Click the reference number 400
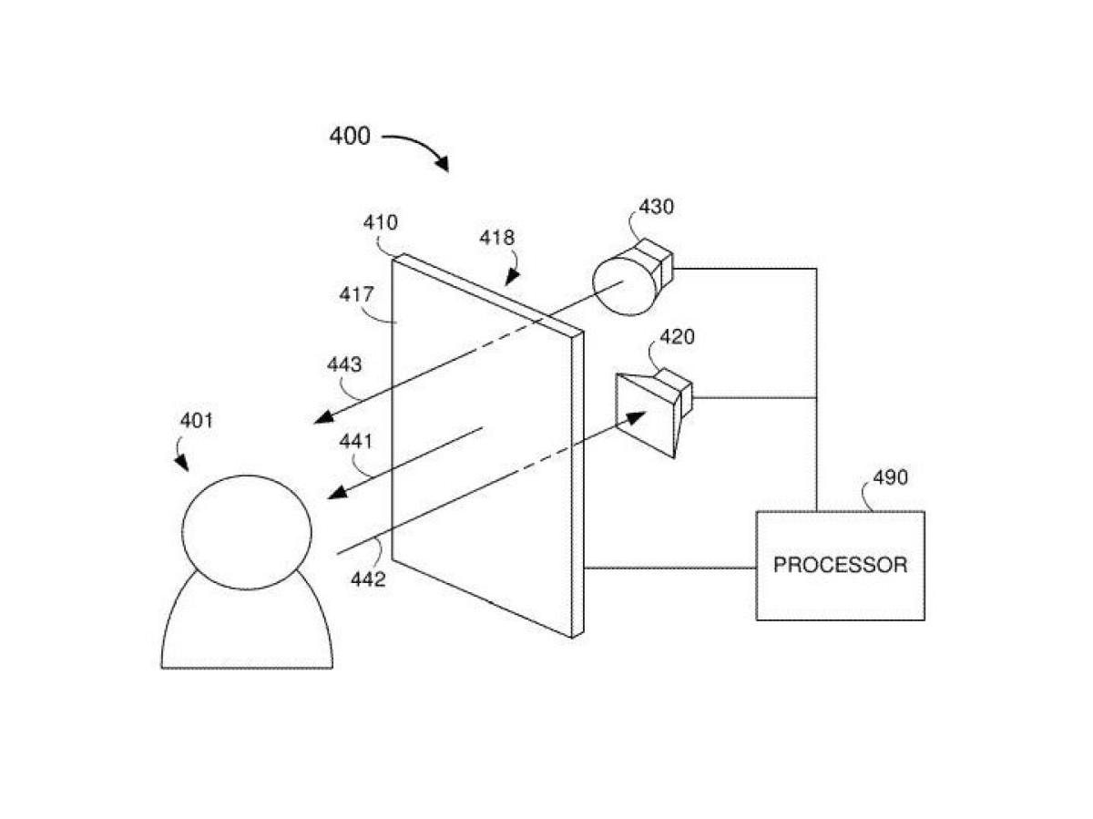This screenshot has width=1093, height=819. [350, 137]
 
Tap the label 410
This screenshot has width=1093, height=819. [380, 223]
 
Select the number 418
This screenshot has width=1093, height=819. [497, 238]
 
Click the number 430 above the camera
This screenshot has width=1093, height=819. [656, 207]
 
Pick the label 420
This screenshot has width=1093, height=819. [677, 337]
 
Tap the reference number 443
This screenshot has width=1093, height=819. [345, 365]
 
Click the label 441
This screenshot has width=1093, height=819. [357, 444]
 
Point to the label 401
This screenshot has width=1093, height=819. [197, 421]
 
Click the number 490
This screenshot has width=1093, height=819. [890, 477]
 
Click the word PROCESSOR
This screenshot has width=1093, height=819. [840, 565]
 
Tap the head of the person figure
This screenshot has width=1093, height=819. [247, 531]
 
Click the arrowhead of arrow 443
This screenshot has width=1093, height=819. [320, 419]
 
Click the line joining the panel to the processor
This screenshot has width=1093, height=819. [669, 568]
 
